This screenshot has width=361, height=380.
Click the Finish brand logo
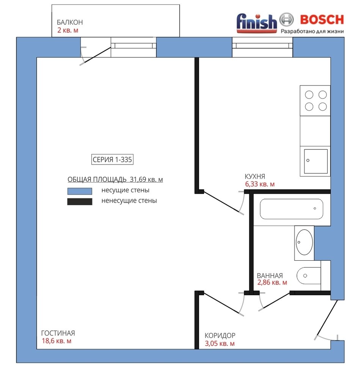pos(257,23)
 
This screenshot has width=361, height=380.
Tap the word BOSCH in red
pos(322,20)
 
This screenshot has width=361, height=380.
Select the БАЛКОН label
pos(70,22)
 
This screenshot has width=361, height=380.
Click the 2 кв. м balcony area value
pos(68,30)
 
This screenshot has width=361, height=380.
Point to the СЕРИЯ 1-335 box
pos(112,160)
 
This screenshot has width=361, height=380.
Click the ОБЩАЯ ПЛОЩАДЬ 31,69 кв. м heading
pos(115,179)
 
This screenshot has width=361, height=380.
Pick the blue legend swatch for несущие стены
pos(80,191)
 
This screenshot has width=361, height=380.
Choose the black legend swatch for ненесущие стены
pos(80,202)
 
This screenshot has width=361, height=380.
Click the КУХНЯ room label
pos(255,176)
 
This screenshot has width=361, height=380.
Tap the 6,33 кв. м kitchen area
pos(260,184)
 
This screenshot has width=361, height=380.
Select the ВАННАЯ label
pos(270,275)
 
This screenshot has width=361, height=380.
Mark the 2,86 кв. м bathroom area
pos(272,283)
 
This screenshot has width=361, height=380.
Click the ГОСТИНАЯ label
pos(58,333)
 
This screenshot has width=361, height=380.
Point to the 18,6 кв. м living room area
pos(57,341)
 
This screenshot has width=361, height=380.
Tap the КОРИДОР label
pos(220,336)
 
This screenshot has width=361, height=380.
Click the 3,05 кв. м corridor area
pos(220,344)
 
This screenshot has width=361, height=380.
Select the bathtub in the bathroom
pos(291,209)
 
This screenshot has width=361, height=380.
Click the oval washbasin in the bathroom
pos(304,242)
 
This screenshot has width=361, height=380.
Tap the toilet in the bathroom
pos(309,276)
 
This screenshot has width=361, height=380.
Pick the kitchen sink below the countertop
pos(315,161)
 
